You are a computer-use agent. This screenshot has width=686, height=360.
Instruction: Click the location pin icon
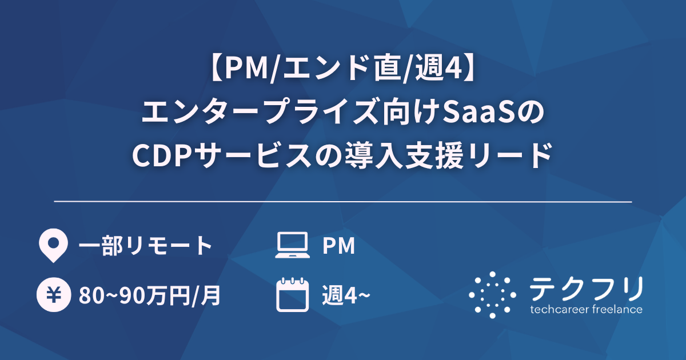(53, 246)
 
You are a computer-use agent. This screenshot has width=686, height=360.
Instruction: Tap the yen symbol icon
(53, 295)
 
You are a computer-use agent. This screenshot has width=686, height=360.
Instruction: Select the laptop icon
(292, 246)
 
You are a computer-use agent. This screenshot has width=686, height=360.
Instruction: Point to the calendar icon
(292, 295)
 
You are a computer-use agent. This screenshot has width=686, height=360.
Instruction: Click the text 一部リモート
(145, 246)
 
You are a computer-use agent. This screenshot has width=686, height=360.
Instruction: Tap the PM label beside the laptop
(338, 246)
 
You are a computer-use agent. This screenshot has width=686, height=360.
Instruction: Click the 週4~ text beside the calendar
(345, 296)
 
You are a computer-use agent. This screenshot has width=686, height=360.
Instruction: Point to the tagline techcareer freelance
(586, 310)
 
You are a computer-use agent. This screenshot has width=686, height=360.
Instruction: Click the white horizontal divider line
(343, 202)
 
